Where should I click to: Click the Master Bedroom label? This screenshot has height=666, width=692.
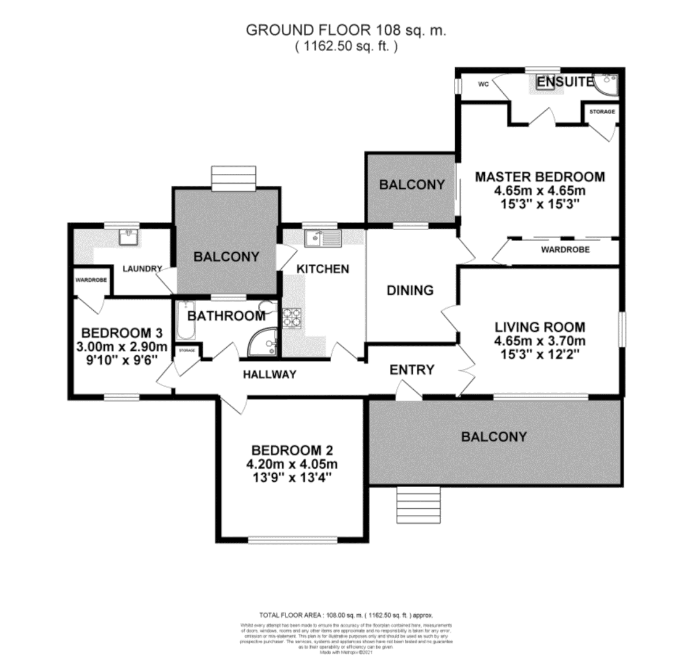pyautogui.click(x=540, y=177)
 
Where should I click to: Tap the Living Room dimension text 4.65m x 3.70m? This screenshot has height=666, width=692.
pyautogui.click(x=540, y=341)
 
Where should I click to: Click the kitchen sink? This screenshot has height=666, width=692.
pyautogui.click(x=322, y=237)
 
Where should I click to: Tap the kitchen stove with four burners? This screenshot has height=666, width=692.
pyautogui.click(x=292, y=317)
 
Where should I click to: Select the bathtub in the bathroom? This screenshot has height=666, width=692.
pyautogui.click(x=186, y=321)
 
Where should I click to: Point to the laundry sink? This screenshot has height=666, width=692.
pyautogui.click(x=130, y=236)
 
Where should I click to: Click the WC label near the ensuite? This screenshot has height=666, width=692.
pyautogui.click(x=484, y=84)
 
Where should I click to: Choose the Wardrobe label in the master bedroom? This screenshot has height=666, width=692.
pyautogui.click(x=565, y=250)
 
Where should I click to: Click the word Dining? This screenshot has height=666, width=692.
pyautogui.click(x=410, y=290)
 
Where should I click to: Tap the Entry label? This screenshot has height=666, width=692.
pyautogui.click(x=412, y=370)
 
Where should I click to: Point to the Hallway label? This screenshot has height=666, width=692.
pyautogui.click(x=270, y=374)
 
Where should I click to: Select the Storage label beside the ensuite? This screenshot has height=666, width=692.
pyautogui.click(x=602, y=112)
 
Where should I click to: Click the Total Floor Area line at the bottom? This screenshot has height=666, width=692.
pyautogui.click(x=345, y=615)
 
